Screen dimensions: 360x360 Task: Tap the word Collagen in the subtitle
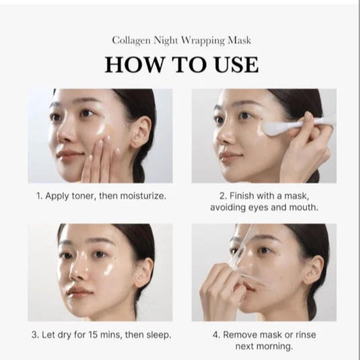132,40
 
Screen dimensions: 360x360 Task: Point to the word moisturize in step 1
140,196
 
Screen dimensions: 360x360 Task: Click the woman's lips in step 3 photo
79,293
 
